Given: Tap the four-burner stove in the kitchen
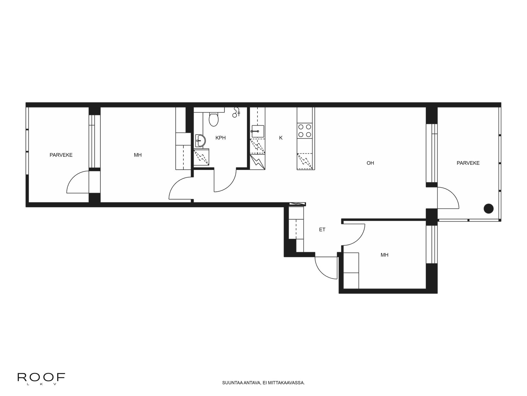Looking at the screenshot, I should click(305, 131).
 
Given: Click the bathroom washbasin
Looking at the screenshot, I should click(200, 141).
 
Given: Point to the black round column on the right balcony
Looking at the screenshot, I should click(488, 208).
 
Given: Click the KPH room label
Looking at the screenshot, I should click(220, 138).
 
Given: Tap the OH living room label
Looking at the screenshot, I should click(370, 163).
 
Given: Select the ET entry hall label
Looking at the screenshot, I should click(322, 230).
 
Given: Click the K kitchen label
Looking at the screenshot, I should click(281, 138).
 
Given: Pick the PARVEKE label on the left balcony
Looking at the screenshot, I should click(61, 155).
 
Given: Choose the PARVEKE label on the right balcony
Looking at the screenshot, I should click(468, 163).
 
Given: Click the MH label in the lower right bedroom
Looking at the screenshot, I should click(384, 255).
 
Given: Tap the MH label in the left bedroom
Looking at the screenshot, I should click(138, 155).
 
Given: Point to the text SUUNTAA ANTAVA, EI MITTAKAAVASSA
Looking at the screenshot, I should click(263, 383).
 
